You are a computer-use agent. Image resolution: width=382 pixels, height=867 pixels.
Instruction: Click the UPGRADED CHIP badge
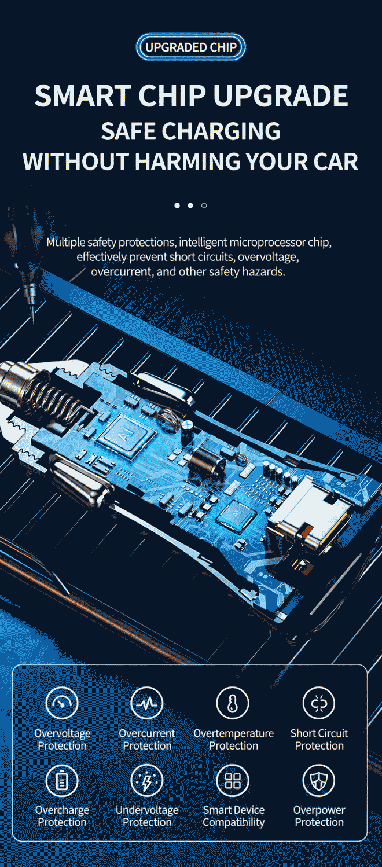click(x=191, y=47)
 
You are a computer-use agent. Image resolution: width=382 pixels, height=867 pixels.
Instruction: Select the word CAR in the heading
click(x=336, y=161)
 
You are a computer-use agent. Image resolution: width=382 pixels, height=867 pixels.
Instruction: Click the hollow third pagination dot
click(x=204, y=205)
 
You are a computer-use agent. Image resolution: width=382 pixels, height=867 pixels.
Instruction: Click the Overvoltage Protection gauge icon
click(x=62, y=703)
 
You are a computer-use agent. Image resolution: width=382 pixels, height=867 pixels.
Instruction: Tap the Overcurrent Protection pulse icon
click(x=147, y=703)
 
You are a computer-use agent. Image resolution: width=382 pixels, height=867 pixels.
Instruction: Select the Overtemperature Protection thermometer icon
click(x=233, y=703)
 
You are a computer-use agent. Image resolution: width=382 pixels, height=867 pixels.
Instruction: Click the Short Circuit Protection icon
click(x=319, y=703)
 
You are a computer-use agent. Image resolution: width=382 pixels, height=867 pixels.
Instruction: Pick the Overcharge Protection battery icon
click(x=62, y=780)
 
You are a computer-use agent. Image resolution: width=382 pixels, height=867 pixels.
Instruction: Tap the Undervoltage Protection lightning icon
click(x=147, y=780)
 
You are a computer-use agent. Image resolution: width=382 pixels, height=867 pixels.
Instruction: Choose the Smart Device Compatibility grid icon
click(x=233, y=780)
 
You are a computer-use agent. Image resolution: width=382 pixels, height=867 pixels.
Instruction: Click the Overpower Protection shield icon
click(x=319, y=780)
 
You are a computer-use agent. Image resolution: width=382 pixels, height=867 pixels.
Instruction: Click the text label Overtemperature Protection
click(x=233, y=739)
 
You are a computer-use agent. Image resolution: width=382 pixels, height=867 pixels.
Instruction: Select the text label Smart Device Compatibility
click(x=233, y=816)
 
